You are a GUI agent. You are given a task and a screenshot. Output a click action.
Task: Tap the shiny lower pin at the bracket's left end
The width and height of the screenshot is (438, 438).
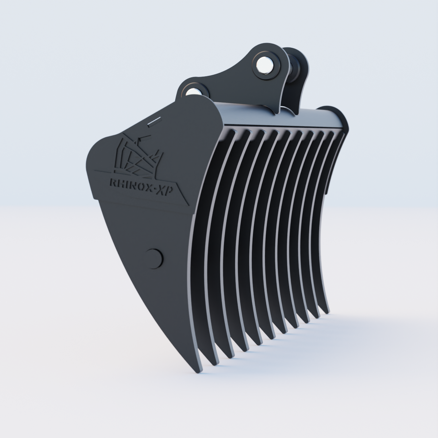(193, 91)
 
